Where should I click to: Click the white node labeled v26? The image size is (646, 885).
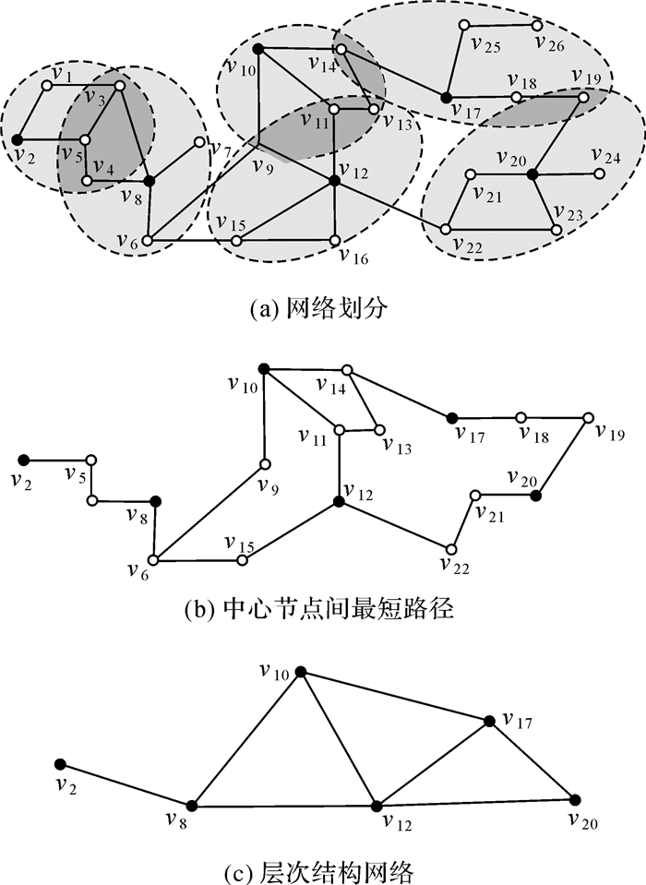[x=535, y=25]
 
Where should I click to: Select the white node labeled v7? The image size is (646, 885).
[x=199, y=142]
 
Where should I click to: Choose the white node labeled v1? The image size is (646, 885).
[x=45, y=86]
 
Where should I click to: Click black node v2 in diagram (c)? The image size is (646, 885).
[x=60, y=764]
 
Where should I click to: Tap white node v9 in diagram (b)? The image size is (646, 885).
[x=265, y=464]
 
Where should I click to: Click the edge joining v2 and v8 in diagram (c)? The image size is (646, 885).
[x=126, y=784]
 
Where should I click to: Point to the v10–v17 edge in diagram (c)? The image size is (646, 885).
[x=393, y=697]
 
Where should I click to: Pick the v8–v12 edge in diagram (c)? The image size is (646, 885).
[x=283, y=806]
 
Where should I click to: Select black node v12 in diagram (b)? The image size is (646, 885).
[x=340, y=501]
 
